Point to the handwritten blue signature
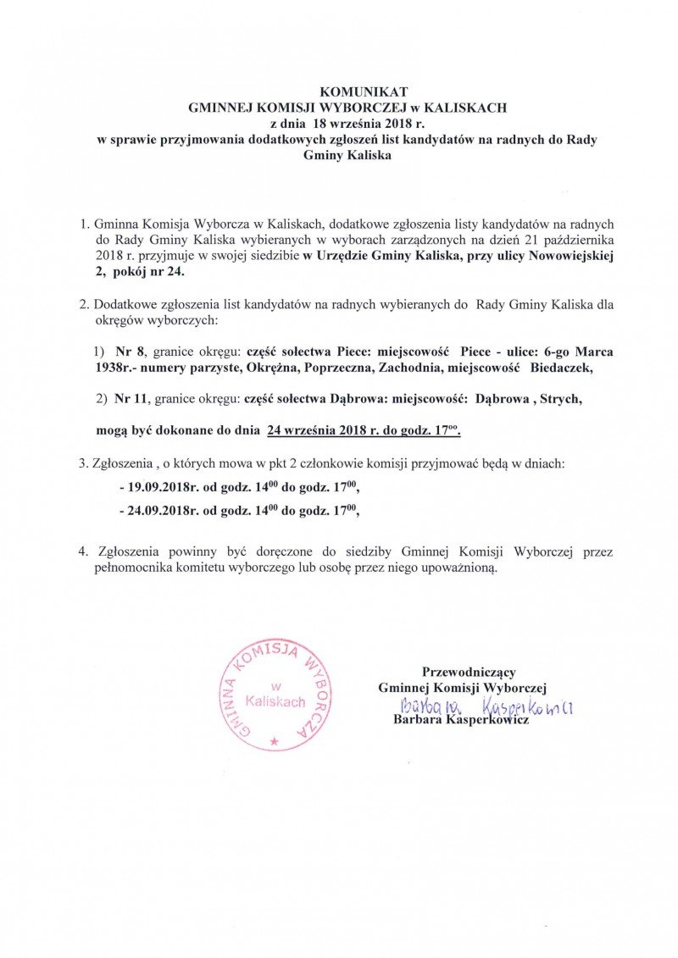tap(483, 706)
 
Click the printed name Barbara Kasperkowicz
tap(461, 720)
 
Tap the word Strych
tap(560, 397)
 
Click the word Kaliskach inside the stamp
tap(275, 701)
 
